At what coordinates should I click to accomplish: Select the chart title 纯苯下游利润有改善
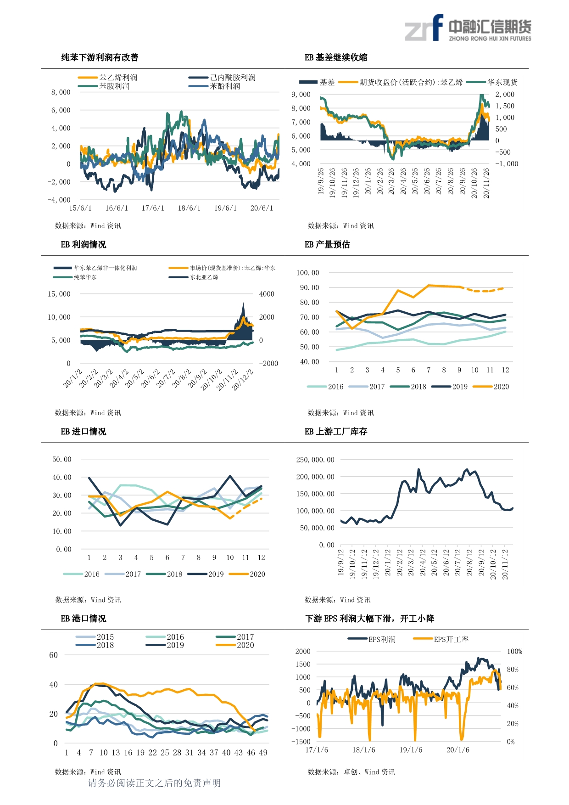click(100, 57)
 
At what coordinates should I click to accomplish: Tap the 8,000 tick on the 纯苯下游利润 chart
click(61, 92)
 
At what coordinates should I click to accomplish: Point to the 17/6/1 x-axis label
click(153, 208)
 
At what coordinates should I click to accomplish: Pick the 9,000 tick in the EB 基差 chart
click(301, 95)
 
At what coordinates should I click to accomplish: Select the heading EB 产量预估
click(327, 244)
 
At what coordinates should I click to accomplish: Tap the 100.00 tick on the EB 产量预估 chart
click(307, 273)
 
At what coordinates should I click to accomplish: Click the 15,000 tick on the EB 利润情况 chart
click(59, 294)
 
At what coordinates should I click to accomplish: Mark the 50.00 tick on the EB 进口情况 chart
click(62, 459)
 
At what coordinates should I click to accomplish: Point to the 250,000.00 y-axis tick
click(315, 460)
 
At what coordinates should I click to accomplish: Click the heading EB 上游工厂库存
click(336, 431)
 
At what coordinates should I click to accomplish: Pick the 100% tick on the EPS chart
click(514, 651)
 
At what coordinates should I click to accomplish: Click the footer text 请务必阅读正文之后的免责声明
click(154, 783)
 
